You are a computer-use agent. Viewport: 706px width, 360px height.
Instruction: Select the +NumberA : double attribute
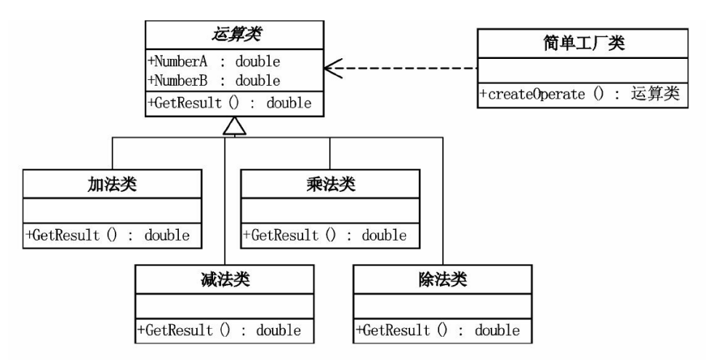214,61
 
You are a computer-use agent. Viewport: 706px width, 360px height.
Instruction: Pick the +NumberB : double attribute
214,79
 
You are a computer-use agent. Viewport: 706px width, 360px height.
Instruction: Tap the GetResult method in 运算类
230,103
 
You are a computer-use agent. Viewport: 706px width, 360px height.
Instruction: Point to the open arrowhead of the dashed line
332,69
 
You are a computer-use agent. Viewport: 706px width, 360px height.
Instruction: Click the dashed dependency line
407,69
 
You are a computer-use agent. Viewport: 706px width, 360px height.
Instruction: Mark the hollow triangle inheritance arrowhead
232,127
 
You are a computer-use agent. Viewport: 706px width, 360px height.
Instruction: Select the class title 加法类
111,184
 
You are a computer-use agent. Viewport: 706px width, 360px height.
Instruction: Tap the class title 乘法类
330,184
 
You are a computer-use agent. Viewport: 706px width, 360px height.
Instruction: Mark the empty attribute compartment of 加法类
111,211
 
